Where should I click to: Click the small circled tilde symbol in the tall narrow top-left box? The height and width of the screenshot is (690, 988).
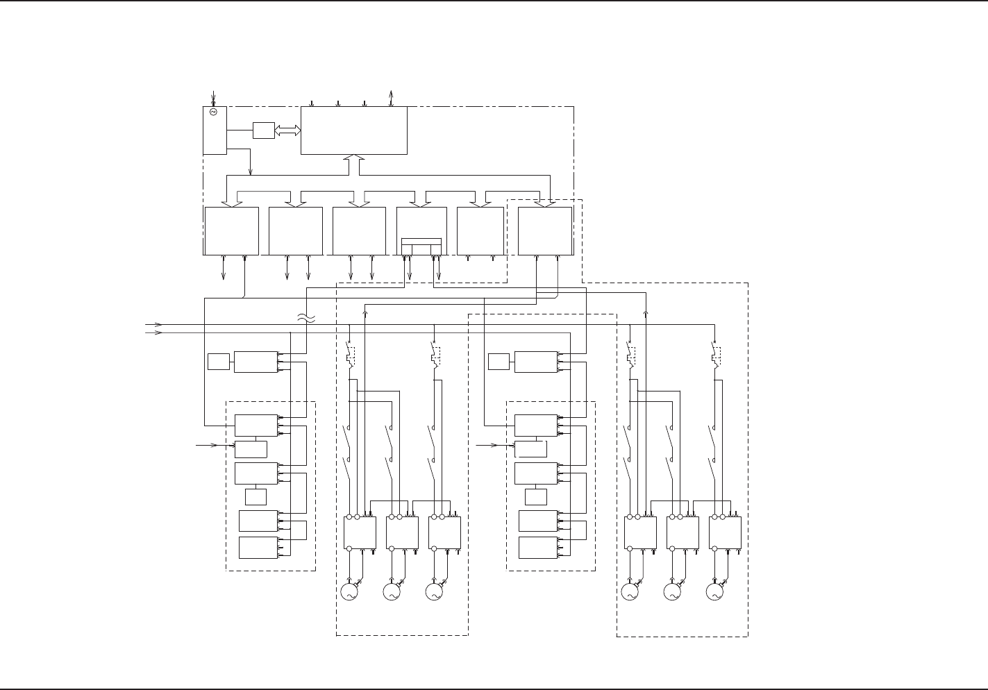pos(214,112)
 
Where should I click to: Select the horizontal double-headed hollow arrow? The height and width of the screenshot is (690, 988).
pos(287,130)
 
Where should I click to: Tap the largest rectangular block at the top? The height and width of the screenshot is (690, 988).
pos(353,130)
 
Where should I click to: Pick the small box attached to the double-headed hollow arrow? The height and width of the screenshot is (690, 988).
pos(264,130)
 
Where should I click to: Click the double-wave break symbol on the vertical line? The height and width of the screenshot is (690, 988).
pos(306,318)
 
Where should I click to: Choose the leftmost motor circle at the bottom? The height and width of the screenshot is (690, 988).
pos(348,592)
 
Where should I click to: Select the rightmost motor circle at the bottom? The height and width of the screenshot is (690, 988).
pos(713,592)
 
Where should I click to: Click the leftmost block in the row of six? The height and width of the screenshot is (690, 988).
pos(231,230)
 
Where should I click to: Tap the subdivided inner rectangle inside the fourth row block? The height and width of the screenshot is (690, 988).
pos(421,246)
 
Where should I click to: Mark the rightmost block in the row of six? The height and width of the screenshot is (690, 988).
pos(545,230)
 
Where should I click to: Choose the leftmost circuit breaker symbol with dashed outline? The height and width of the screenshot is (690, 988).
pos(350,355)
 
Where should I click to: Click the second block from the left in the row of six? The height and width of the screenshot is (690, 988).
pos(295,230)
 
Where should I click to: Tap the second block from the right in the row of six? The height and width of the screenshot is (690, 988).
pos(480,230)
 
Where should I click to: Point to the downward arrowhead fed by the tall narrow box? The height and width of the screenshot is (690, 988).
pos(250,171)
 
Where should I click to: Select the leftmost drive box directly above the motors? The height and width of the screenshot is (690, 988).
pos(360,533)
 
